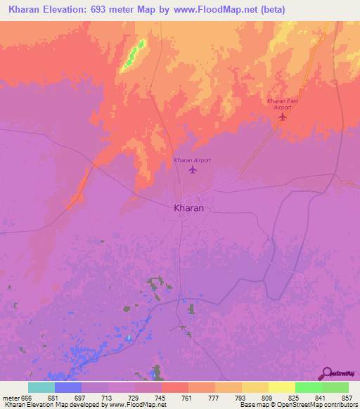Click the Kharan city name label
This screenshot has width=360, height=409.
click(x=188, y=209)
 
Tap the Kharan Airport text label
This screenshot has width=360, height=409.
click(x=193, y=160)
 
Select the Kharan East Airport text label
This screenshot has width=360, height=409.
click(x=283, y=104)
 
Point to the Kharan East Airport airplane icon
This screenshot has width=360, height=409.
click(x=283, y=117)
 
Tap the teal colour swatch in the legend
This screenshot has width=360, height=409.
click(x=41, y=387)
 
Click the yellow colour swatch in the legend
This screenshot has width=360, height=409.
click(x=281, y=387)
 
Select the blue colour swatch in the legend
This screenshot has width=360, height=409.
click(x=67, y=387)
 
